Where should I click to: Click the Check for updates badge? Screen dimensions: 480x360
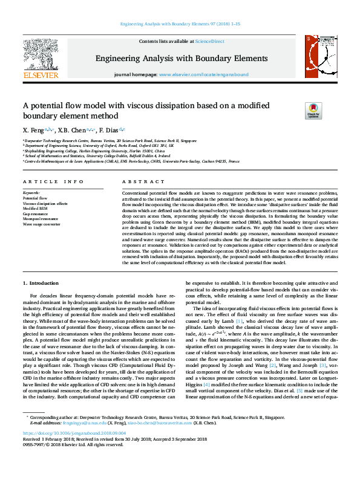313,111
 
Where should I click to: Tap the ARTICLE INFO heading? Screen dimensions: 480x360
53,181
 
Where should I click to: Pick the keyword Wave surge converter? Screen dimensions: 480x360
42,224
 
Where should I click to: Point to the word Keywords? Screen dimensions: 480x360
31,193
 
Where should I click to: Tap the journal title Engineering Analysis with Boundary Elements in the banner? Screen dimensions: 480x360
180,58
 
